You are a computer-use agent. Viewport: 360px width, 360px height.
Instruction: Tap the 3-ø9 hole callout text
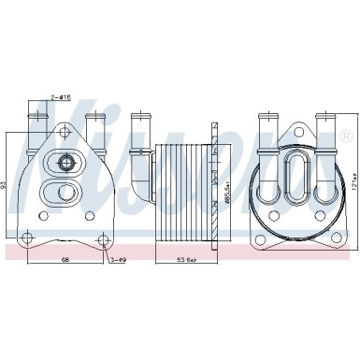(120, 259)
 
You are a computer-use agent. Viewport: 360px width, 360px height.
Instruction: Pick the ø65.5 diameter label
(225, 187)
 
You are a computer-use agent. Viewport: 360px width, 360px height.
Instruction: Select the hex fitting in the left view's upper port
(68, 165)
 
